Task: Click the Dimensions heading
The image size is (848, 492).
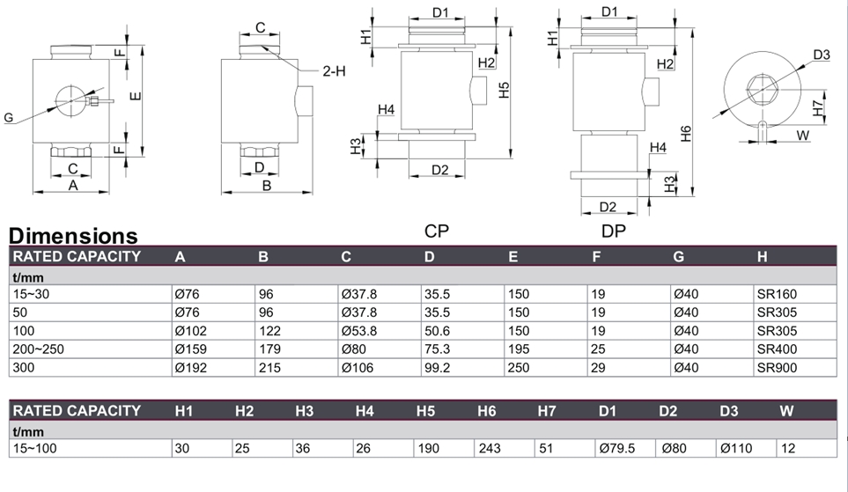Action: click(x=73, y=236)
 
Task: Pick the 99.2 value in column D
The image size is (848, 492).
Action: click(x=438, y=368)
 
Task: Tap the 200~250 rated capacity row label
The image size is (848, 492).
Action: click(x=39, y=349)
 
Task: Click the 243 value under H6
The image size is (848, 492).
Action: click(x=489, y=448)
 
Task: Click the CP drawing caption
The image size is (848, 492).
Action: click(x=439, y=231)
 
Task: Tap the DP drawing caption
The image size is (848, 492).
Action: click(x=615, y=231)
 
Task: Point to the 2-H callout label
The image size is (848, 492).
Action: click(x=332, y=71)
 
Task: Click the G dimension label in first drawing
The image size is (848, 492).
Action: click(x=9, y=117)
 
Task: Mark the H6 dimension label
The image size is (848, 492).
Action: click(x=687, y=133)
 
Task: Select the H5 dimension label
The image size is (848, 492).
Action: click(x=504, y=89)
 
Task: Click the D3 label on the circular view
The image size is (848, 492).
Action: click(x=822, y=55)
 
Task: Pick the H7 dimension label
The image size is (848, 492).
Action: click(x=818, y=107)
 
